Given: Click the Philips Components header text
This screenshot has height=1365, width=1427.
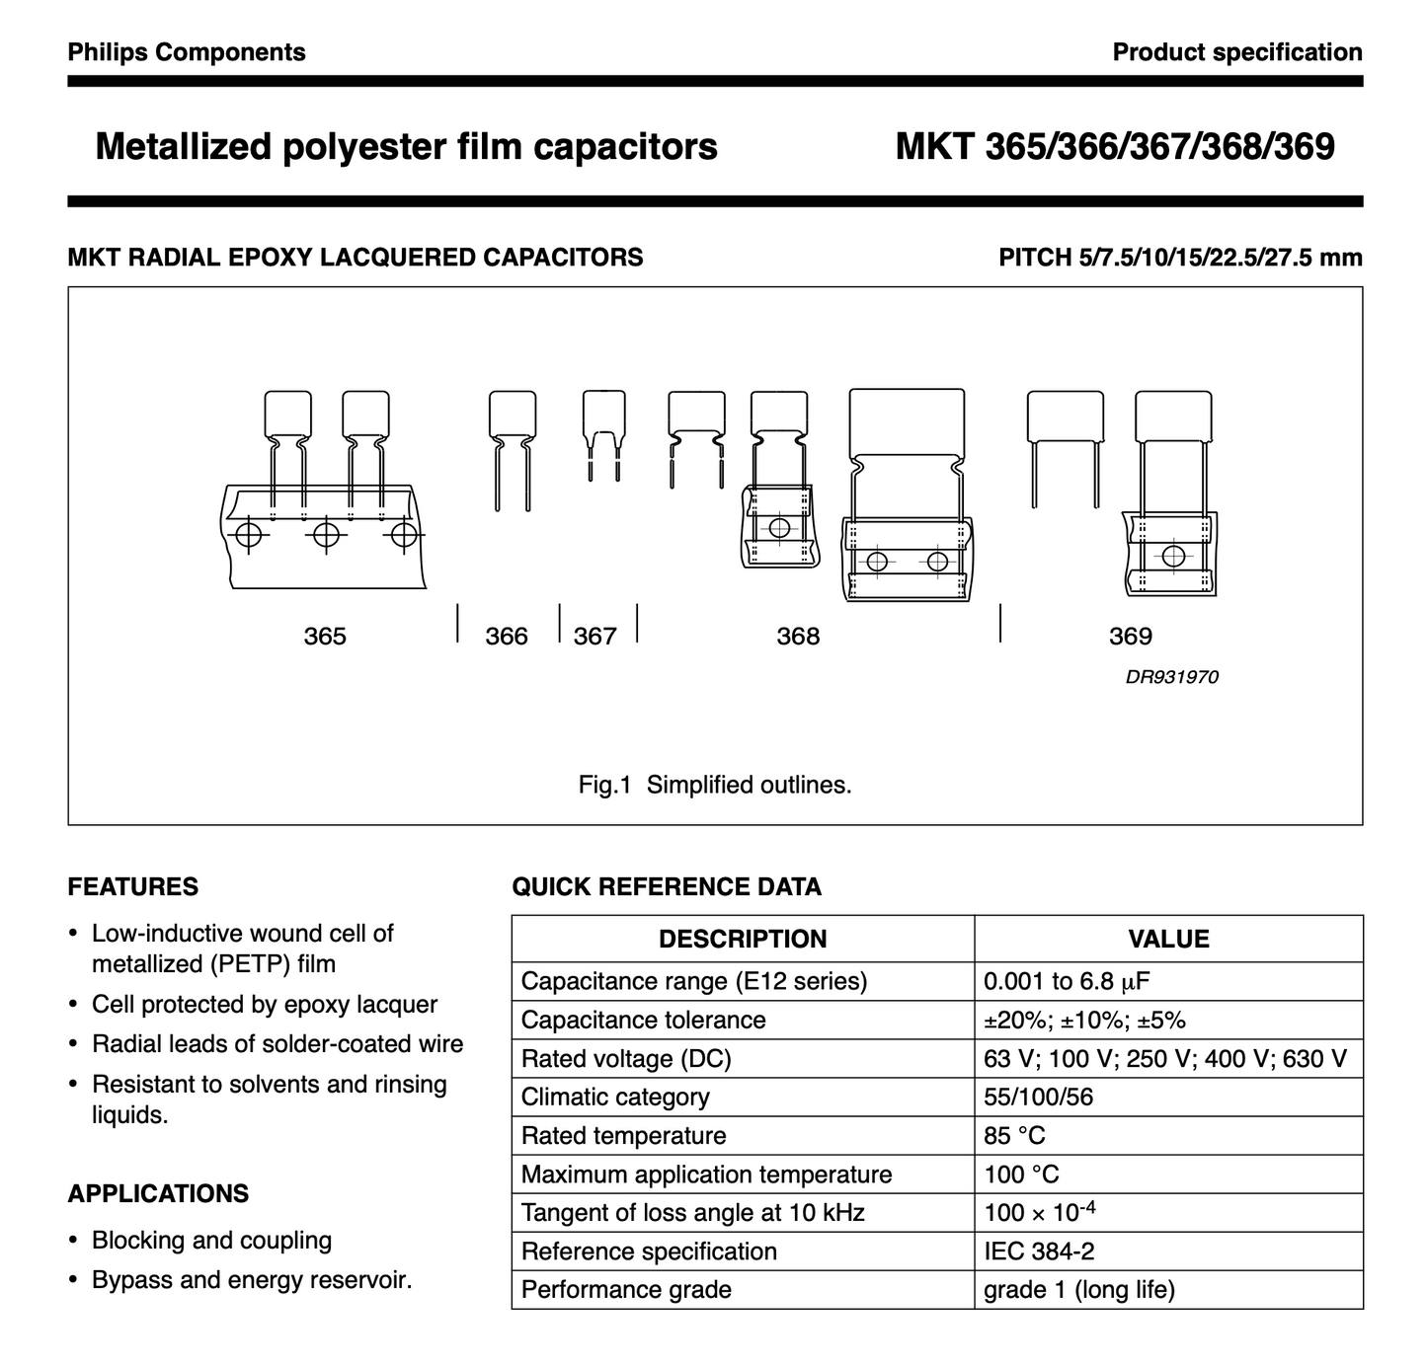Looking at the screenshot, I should click(x=187, y=52).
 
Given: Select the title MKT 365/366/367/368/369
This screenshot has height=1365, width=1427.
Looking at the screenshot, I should click(x=1114, y=147).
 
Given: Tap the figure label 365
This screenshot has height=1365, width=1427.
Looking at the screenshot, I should click(x=325, y=637).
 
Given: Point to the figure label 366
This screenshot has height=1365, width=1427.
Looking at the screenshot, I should click(x=507, y=637).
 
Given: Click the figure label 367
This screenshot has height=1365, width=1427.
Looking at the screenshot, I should click(x=595, y=637).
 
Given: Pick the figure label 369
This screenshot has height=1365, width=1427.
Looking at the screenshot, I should click(x=1131, y=637).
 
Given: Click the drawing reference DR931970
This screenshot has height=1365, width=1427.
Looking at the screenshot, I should click(x=1171, y=677).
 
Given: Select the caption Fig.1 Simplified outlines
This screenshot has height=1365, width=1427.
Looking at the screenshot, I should click(x=715, y=786).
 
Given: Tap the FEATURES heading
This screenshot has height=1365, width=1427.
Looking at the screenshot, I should click(x=133, y=887).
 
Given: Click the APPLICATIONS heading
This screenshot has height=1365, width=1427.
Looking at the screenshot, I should click(x=158, y=1194).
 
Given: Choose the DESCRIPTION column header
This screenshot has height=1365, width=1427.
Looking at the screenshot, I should click(x=743, y=940).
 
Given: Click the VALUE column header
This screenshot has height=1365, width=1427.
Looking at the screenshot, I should click(x=1168, y=940).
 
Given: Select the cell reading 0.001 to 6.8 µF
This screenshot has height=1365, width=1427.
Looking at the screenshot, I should click(x=1067, y=981).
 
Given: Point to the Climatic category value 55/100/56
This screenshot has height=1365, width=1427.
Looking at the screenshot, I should click(x=1038, y=1098).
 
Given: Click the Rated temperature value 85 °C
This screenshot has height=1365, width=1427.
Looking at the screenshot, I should click(x=1014, y=1136).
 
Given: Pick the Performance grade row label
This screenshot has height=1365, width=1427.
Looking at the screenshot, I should click(x=626, y=1290).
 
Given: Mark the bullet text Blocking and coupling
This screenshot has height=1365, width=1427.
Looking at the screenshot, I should click(x=211, y=1241).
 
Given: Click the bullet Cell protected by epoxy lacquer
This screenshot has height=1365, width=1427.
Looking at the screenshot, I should click(x=264, y=1005).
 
